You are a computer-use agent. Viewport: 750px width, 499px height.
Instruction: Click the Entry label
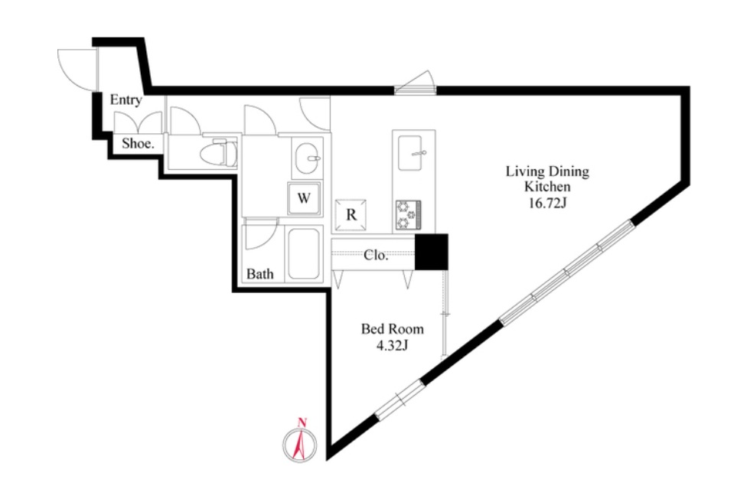pos(126,99)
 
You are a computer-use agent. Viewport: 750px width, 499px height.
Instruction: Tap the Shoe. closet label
pos(138,144)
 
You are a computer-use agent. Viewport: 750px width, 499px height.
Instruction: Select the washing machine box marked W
pos(305,198)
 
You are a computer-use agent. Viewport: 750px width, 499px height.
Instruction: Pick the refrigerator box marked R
pos(351,215)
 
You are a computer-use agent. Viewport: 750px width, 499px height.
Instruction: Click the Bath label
pos(259,274)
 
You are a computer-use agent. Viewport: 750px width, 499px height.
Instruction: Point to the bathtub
pos(303,253)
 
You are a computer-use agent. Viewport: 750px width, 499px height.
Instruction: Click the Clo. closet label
pos(376,255)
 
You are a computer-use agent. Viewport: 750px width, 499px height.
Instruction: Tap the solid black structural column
pos(432,252)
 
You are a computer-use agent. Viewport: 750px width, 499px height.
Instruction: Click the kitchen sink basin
pos(410,152)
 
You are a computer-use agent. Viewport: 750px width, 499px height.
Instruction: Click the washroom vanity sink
pos(308,158)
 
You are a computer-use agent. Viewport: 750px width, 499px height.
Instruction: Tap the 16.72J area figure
pos(548,203)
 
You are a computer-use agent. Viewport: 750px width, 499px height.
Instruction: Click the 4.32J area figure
pos(392,345)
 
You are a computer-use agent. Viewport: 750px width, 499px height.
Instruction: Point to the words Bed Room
pos(392,329)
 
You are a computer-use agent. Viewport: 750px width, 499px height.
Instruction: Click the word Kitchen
pos(547,187)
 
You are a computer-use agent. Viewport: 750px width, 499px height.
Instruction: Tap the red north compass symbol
pos(300,442)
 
